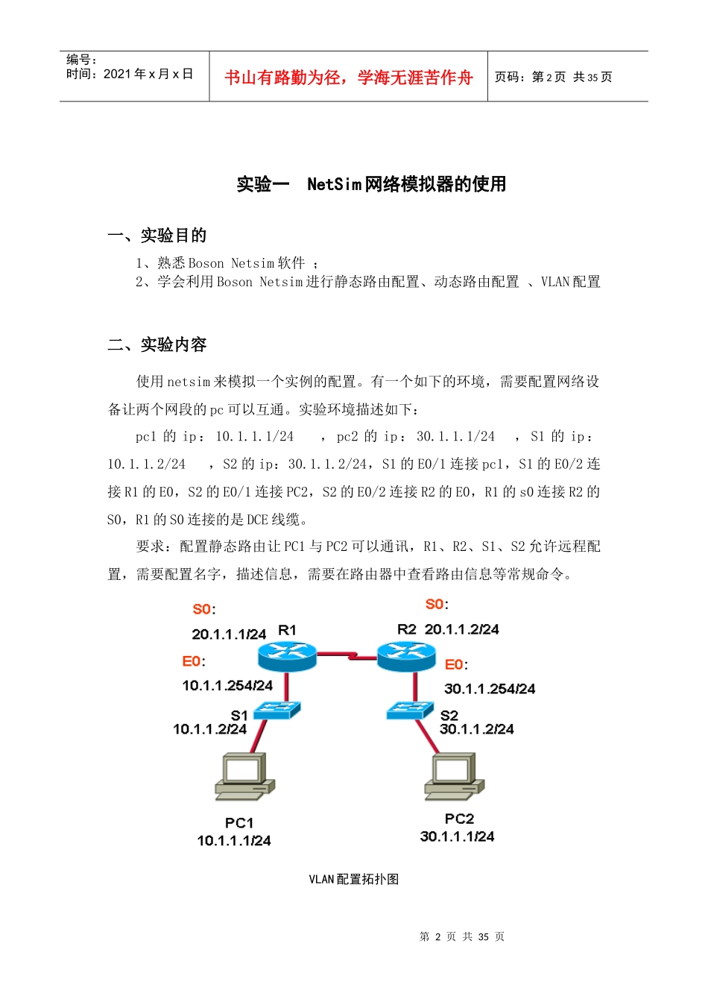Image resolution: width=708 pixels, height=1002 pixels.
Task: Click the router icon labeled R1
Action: click(287, 655)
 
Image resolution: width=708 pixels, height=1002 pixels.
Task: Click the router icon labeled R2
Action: click(406, 656)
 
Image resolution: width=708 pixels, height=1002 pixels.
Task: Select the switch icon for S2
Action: click(409, 710)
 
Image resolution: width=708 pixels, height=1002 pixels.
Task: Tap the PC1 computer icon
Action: click(244, 777)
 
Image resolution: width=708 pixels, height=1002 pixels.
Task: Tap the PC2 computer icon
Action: click(454, 777)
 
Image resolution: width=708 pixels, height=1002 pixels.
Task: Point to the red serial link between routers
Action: click(347, 656)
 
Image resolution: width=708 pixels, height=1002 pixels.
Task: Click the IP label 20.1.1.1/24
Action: click(228, 634)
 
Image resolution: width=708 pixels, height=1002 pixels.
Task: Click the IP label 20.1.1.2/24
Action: click(461, 629)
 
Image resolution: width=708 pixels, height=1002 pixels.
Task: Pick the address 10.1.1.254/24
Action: click(227, 685)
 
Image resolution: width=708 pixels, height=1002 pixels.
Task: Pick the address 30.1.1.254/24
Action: click(490, 689)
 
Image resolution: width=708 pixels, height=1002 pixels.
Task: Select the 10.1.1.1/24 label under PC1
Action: click(234, 841)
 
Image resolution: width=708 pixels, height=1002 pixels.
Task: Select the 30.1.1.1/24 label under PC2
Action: click(457, 836)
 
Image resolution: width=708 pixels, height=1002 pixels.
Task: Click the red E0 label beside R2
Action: click(455, 664)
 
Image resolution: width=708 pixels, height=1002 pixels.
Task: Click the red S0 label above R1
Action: click(202, 609)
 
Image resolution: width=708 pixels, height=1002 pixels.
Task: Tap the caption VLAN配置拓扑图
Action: click(353, 879)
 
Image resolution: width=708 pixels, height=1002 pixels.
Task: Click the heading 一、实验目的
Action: click(157, 236)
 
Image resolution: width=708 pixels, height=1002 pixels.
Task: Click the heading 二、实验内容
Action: click(157, 344)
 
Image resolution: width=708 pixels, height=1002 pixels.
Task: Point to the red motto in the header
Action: click(348, 78)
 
